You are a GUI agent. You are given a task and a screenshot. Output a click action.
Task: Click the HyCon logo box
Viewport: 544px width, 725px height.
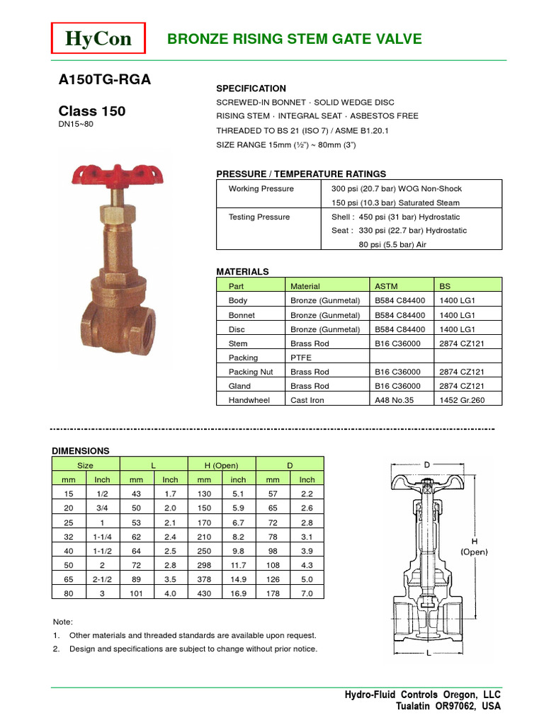(98, 39)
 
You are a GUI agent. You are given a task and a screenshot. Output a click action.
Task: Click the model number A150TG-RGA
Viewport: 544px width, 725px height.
(104, 80)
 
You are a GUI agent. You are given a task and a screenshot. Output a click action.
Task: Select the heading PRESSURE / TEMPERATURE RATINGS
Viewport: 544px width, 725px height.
(300, 173)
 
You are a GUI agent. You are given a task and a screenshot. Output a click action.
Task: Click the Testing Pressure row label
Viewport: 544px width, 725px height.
(259, 217)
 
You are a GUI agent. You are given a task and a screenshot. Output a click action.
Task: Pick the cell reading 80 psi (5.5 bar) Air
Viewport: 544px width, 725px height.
(388, 244)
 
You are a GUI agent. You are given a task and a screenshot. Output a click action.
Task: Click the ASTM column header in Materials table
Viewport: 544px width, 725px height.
(385, 286)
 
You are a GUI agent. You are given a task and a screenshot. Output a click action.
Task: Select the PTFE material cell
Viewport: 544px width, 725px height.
(301, 358)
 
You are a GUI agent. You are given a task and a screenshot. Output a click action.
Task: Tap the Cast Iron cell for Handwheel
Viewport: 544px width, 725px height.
(307, 400)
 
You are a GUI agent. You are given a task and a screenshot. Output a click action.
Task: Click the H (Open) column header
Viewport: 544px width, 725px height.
(222, 465)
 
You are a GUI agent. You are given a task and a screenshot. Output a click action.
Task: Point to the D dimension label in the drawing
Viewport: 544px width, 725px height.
(426, 464)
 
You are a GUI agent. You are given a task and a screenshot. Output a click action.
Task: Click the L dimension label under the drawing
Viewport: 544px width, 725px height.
(429, 654)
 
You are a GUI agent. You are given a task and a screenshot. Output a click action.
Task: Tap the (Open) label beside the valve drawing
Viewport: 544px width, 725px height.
(477, 551)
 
